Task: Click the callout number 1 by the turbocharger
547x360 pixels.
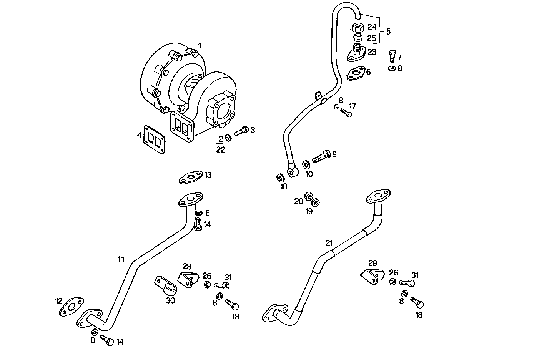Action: (199, 46)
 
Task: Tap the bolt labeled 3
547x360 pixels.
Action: (241, 131)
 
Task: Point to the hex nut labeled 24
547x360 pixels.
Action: (357, 28)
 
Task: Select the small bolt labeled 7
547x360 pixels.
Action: (392, 56)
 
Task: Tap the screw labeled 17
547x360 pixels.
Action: (346, 113)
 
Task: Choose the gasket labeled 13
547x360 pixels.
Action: (191, 178)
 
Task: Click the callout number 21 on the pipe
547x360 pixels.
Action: (329, 243)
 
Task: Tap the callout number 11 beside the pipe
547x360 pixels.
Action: (121, 259)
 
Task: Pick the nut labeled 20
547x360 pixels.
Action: (308, 197)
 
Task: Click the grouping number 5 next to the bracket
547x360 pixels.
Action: (388, 32)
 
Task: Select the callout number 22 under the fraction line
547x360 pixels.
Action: (220, 150)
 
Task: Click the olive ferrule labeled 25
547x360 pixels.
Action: (358, 38)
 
